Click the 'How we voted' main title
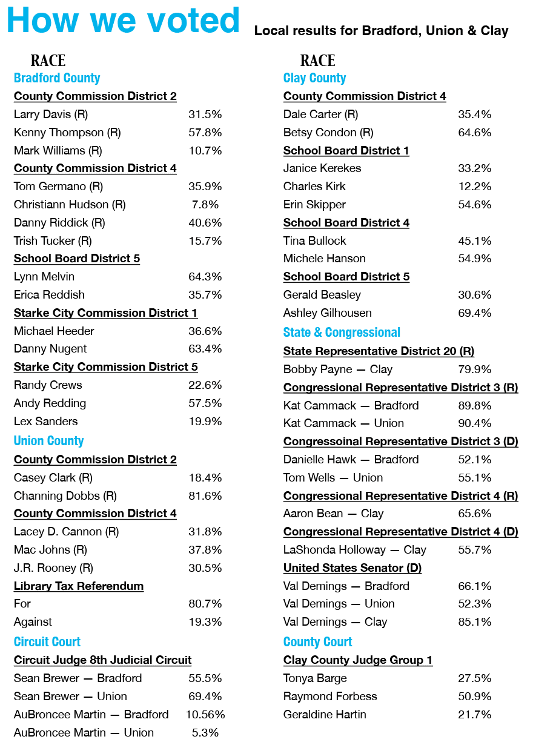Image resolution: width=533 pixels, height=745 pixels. (123, 21)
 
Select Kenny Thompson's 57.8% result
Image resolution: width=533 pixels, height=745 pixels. (205, 132)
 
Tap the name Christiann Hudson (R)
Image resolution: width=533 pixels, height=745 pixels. (70, 204)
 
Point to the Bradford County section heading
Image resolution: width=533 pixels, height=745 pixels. (57, 78)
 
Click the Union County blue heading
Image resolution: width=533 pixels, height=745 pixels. (48, 441)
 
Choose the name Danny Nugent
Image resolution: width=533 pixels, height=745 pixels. (50, 349)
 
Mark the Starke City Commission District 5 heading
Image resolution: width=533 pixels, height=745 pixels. (105, 367)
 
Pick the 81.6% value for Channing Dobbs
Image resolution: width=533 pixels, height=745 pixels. (205, 495)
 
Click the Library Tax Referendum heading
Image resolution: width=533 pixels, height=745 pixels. (79, 586)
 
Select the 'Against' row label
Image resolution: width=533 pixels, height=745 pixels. (33, 622)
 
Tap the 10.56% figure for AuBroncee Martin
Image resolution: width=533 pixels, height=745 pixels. (205, 714)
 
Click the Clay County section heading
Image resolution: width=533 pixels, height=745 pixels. (314, 78)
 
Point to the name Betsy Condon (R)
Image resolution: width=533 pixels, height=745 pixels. (328, 132)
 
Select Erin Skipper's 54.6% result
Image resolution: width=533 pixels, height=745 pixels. (474, 204)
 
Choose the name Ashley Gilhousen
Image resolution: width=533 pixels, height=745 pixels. (328, 313)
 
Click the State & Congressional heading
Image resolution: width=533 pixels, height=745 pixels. (342, 333)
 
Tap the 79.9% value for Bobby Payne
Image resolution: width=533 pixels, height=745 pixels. (474, 369)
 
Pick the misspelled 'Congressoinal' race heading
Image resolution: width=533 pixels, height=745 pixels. (400, 442)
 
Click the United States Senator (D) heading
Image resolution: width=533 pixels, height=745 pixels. (353, 568)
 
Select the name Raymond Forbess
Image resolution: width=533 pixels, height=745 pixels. (330, 697)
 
